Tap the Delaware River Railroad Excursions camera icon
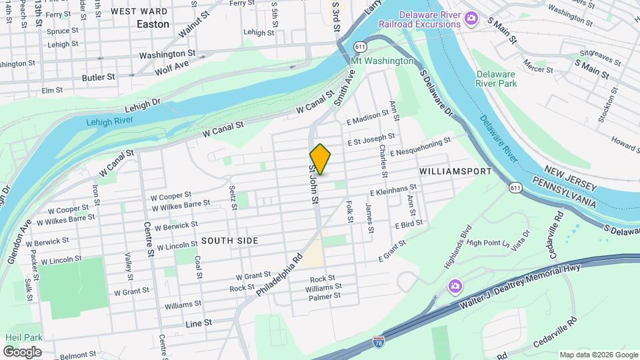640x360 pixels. click(x=471, y=18)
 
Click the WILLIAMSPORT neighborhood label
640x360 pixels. click(x=455, y=171)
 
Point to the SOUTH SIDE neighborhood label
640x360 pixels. click(x=229, y=240)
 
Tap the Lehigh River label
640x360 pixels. click(x=110, y=121)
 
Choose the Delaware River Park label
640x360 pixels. click(x=496, y=79)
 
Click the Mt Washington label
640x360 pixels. click(x=382, y=61)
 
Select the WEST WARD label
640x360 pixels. click(x=139, y=11)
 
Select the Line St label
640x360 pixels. click(x=198, y=322)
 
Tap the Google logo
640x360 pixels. click(x=22, y=351)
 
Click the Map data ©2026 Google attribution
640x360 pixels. click(x=598, y=355)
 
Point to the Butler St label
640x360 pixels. click(x=99, y=77)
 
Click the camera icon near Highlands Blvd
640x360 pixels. click(x=455, y=286)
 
